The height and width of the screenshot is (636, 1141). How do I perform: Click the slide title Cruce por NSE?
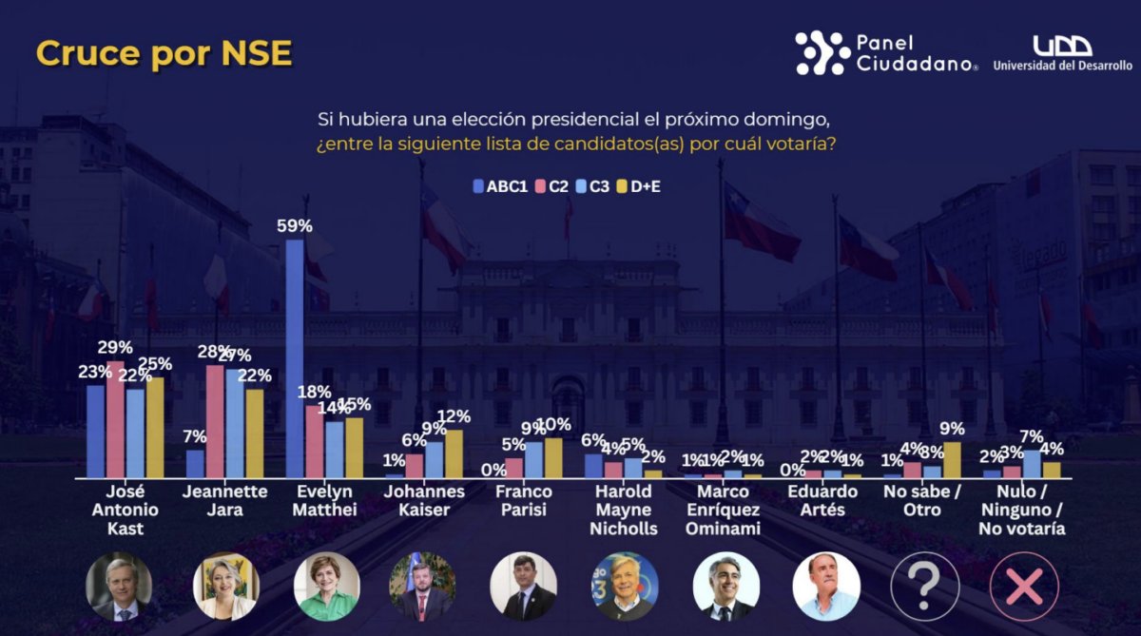point(164,54)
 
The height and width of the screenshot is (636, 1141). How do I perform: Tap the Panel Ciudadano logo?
point(886,53)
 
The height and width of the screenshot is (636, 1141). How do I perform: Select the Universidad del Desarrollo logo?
point(1062,54)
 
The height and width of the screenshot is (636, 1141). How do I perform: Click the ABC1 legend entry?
point(500,186)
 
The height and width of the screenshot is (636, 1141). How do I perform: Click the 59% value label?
point(295,226)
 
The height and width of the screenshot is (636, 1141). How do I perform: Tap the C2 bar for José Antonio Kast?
point(115,419)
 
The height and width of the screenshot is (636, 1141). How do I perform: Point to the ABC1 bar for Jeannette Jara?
point(195,463)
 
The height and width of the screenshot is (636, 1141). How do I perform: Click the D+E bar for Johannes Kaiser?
point(454,453)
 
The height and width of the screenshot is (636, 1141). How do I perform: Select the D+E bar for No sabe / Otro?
point(952,459)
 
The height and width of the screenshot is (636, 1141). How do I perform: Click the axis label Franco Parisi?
point(523,500)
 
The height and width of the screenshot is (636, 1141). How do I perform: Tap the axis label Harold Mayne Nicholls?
point(624,510)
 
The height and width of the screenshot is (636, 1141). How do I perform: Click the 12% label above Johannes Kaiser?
point(454,417)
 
